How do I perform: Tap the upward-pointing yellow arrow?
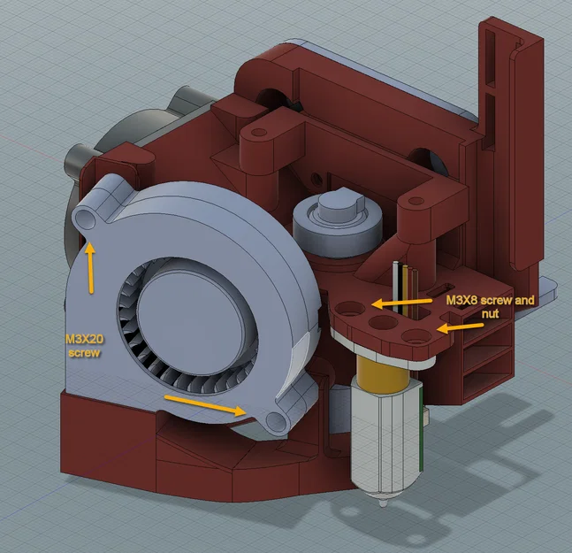(x=90, y=269)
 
